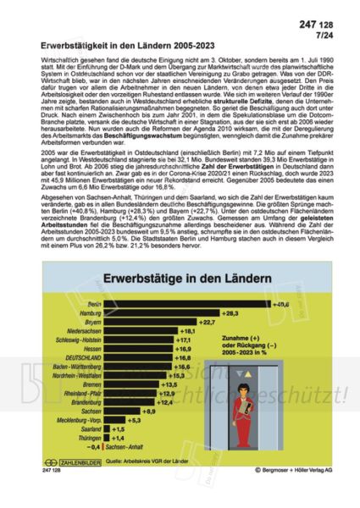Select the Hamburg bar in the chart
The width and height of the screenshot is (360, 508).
(160, 312)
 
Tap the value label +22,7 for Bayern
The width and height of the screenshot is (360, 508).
(186, 323)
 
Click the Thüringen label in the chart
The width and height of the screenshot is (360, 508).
(89, 437)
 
